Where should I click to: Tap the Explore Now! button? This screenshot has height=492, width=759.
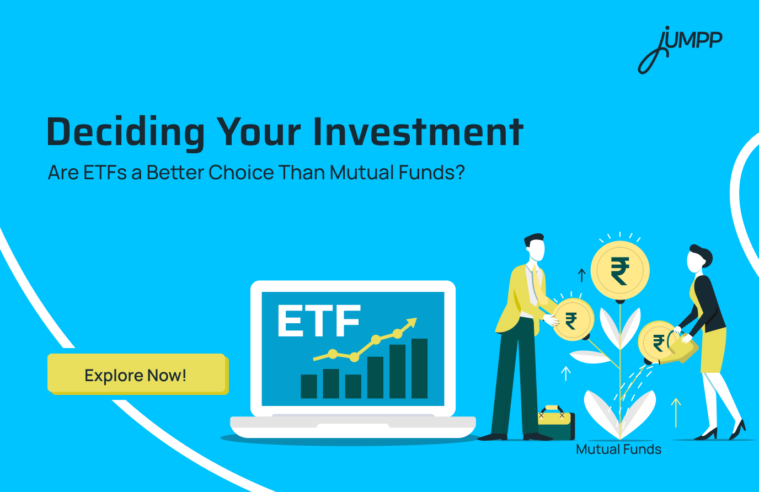pyautogui.click(x=136, y=375)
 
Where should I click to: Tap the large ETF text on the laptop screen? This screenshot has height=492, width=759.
pyautogui.click(x=319, y=322)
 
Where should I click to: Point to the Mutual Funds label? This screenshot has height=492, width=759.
pyautogui.click(x=618, y=450)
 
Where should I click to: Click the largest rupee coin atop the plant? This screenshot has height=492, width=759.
pyautogui.click(x=620, y=271)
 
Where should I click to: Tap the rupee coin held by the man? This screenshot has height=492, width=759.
pyautogui.click(x=573, y=319)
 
